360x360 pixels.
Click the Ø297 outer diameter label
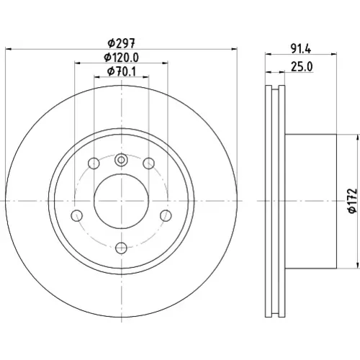coord(122,43)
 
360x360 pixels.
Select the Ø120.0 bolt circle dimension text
coord(121,58)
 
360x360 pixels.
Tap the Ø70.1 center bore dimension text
coord(122,71)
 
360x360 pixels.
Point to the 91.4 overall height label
coord(301,49)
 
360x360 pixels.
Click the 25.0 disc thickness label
coord(302,67)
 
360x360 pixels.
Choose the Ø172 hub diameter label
coord(352,201)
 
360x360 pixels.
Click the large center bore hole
coord(121,201)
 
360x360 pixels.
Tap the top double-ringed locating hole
coord(121,160)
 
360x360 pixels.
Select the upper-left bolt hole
coord(94,163)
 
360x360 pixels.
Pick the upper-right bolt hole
coord(149,163)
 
